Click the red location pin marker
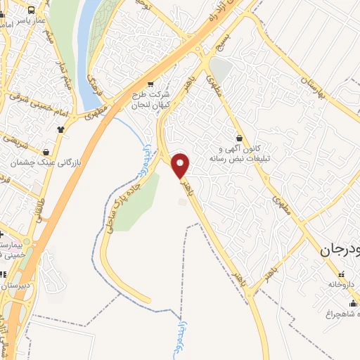pyautogui.click(x=181, y=166)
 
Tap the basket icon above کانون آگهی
pyautogui.click(x=241, y=139)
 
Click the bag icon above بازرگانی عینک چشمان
pyautogui.click(x=46, y=151)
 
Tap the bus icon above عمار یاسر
pyautogui.click(x=32, y=10)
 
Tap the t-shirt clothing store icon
pyautogui.click(x=62, y=129)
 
